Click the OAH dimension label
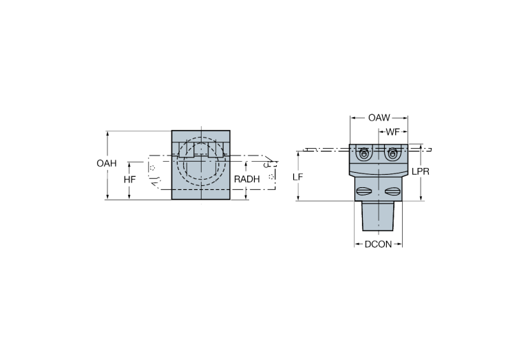[x=106, y=164]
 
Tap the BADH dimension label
[x=246, y=179]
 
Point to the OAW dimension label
[x=377, y=118]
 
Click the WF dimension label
[x=393, y=131]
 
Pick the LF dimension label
[x=297, y=177]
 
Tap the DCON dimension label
[x=378, y=244]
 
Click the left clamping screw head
[x=364, y=153]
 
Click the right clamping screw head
[x=392, y=153]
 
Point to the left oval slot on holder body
[x=364, y=191]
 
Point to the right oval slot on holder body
[x=392, y=191]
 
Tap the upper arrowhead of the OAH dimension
[x=106, y=132]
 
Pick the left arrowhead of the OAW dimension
[x=352, y=118]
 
